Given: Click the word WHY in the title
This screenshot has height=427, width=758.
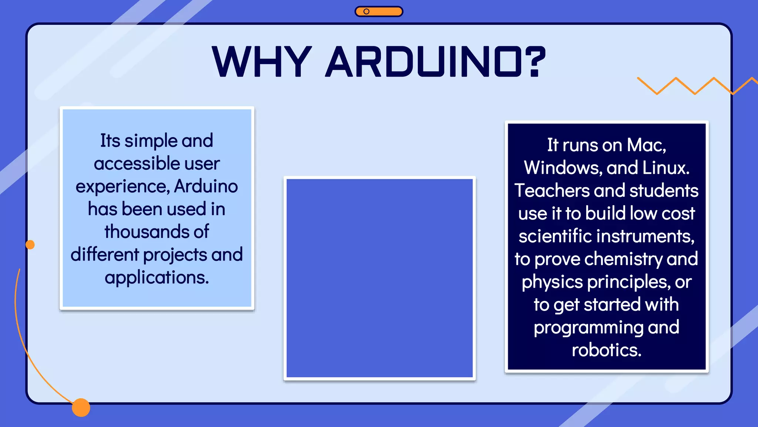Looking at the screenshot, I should (262, 62).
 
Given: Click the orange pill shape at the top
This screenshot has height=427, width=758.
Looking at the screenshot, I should (379, 11).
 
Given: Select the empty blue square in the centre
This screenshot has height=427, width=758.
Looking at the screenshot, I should (379, 278).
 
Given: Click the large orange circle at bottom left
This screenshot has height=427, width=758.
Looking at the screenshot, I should (81, 407).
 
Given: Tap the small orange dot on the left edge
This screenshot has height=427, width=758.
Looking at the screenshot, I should (30, 245).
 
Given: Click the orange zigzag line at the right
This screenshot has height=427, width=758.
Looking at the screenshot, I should (694, 86).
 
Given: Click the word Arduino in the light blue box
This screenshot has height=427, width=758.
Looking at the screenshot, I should (206, 186).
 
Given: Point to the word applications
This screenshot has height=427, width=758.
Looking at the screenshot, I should (157, 278).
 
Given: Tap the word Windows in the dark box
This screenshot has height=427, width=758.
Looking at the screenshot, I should (563, 168).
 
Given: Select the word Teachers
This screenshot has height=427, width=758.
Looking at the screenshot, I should (551, 191).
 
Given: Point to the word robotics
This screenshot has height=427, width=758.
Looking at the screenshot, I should (606, 350).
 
